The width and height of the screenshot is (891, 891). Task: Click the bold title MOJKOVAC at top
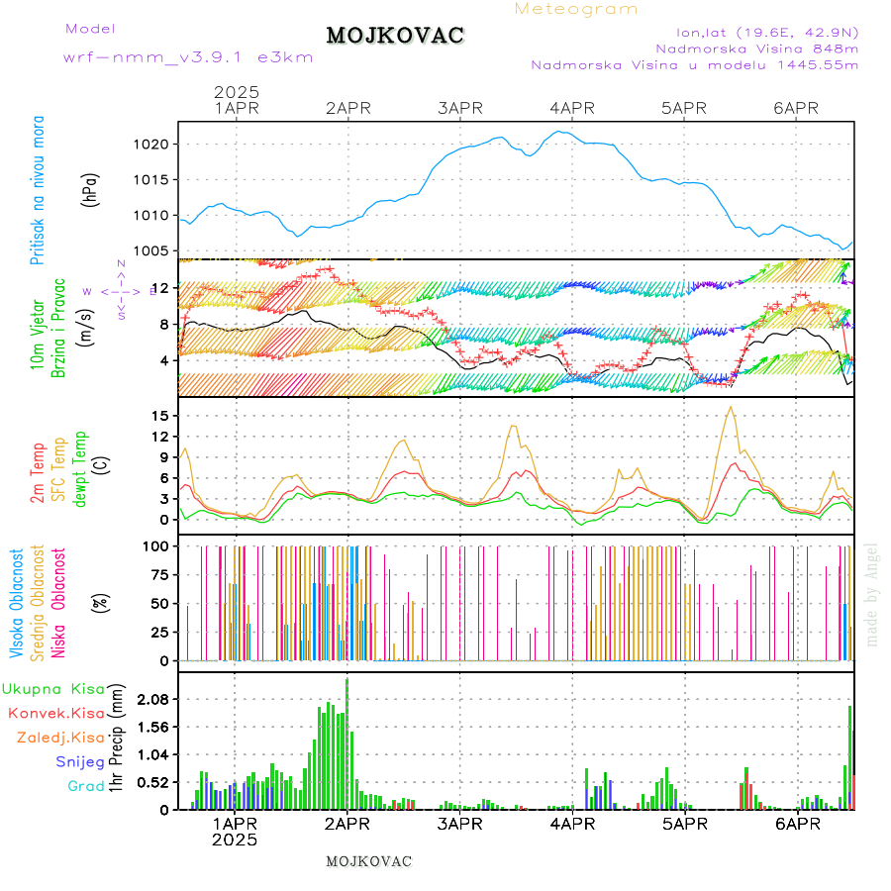coord(395,36)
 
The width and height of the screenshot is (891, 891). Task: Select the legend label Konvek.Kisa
coord(55,713)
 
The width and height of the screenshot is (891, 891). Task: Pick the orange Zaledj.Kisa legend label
coord(60,738)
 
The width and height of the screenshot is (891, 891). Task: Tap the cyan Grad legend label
coord(85,787)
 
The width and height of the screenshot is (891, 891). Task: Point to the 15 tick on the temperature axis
coord(159,416)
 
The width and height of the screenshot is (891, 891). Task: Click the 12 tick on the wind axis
coord(160,288)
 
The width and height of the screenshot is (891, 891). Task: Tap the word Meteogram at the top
coord(576,9)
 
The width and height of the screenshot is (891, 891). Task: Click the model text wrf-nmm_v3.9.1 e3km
coord(188,57)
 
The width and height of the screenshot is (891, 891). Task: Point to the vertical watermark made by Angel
coord(871,594)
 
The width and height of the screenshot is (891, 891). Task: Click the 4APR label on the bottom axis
coord(571,824)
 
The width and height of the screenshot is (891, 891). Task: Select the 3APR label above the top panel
coord(459,108)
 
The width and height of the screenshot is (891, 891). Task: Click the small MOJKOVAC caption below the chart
coord(368,861)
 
